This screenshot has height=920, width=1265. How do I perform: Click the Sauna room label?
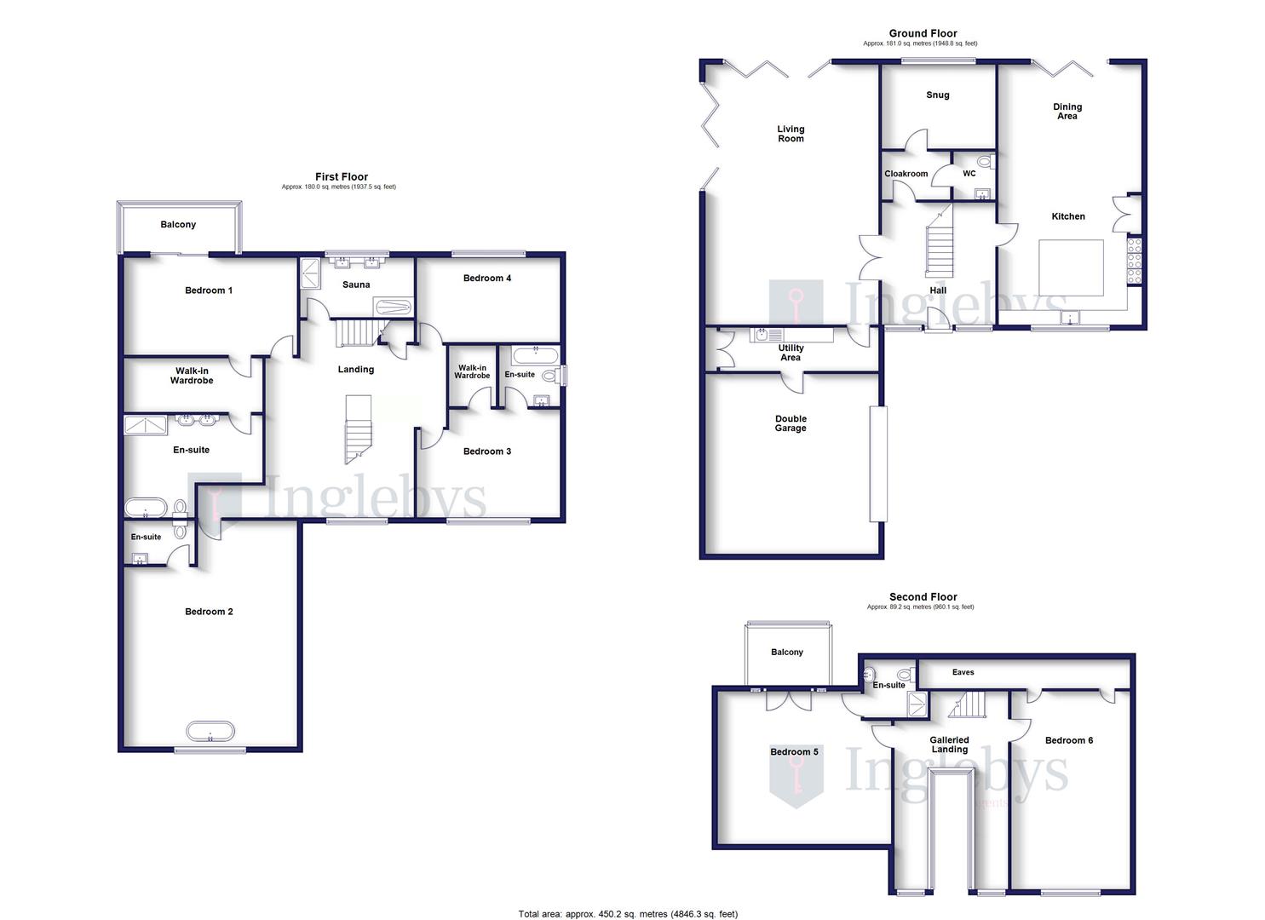pyautogui.click(x=356, y=285)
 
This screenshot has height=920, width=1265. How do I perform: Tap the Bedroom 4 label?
pyautogui.click(x=487, y=278)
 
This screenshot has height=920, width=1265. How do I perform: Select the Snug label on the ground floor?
pyautogui.click(x=937, y=95)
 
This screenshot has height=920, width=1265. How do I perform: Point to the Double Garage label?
pyautogui.click(x=791, y=423)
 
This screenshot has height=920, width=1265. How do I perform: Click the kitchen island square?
pyautogui.click(x=1071, y=267)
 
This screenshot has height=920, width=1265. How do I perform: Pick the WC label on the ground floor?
pyautogui.click(x=969, y=174)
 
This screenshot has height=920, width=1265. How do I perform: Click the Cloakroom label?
pyautogui.click(x=906, y=174)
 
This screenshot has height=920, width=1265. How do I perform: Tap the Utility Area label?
pyautogui.click(x=791, y=353)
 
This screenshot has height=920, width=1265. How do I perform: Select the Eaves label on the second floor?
pyautogui.click(x=963, y=672)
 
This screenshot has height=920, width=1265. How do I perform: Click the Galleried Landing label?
pyautogui.click(x=949, y=745)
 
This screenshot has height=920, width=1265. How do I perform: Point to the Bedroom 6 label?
pyautogui.click(x=1069, y=740)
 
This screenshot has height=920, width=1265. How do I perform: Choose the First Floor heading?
pyautogui.click(x=342, y=177)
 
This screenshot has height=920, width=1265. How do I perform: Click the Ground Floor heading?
pyautogui.click(x=923, y=33)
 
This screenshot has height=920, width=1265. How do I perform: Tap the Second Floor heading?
pyautogui.click(x=923, y=597)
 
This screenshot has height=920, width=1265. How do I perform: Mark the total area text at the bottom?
pyautogui.click(x=628, y=914)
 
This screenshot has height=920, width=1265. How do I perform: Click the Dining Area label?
pyautogui.click(x=1067, y=112)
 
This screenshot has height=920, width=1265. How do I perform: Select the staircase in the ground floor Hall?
pyautogui.click(x=938, y=243)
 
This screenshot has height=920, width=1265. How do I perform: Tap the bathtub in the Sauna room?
pyautogui.click(x=393, y=307)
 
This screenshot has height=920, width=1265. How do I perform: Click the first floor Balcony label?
pyautogui.click(x=178, y=225)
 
